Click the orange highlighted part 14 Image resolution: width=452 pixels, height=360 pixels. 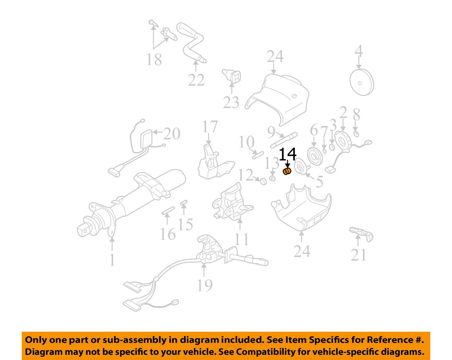(x=287, y=172)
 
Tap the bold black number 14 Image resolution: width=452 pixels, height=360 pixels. (x=287, y=154)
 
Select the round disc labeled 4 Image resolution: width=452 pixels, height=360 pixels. (x=361, y=83)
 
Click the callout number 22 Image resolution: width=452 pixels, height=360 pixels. (x=196, y=80)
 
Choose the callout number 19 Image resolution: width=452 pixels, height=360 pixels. (x=205, y=285)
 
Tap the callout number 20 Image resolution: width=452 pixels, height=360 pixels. (x=171, y=134)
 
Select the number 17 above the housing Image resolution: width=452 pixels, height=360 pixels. (x=210, y=127)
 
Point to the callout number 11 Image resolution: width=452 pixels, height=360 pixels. (x=242, y=240)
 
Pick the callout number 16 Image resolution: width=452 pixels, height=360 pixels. (x=168, y=234)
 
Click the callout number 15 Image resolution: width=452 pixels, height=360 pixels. (x=185, y=225)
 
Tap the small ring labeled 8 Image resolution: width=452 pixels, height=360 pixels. (x=356, y=134)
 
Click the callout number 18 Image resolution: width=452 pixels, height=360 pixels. (x=154, y=59)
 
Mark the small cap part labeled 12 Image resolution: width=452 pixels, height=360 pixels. (x=263, y=181)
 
